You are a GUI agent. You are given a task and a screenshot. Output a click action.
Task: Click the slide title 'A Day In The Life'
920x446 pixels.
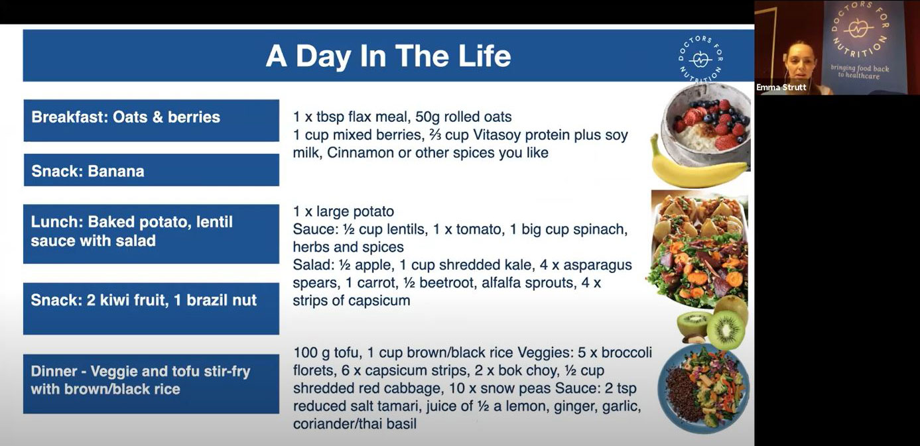pyautogui.click(x=388, y=56)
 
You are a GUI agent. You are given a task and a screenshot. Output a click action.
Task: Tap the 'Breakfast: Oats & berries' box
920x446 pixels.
pyautogui.click(x=151, y=120)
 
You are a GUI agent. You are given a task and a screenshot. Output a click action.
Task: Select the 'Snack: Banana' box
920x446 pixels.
pyautogui.click(x=151, y=170)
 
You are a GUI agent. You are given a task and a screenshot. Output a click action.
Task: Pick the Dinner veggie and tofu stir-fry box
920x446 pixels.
pyautogui.click(x=151, y=384)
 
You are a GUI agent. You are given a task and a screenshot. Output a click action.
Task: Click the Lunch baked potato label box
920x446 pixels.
pyautogui.click(x=151, y=234)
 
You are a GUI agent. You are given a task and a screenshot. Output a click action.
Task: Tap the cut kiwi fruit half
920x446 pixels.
pyautogui.click(x=726, y=330)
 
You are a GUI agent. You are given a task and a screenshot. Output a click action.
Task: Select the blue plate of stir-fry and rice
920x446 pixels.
pyautogui.click(x=704, y=388)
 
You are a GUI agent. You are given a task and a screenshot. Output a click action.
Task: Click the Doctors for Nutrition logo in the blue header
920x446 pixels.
pyautogui.click(x=700, y=58)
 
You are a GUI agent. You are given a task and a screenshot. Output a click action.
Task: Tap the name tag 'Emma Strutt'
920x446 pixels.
pyautogui.click(x=781, y=87)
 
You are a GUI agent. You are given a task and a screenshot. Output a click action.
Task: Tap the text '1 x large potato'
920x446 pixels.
pyautogui.click(x=344, y=211)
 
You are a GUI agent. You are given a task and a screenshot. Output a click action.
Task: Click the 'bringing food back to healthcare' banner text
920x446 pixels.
pyautogui.click(x=860, y=72)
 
